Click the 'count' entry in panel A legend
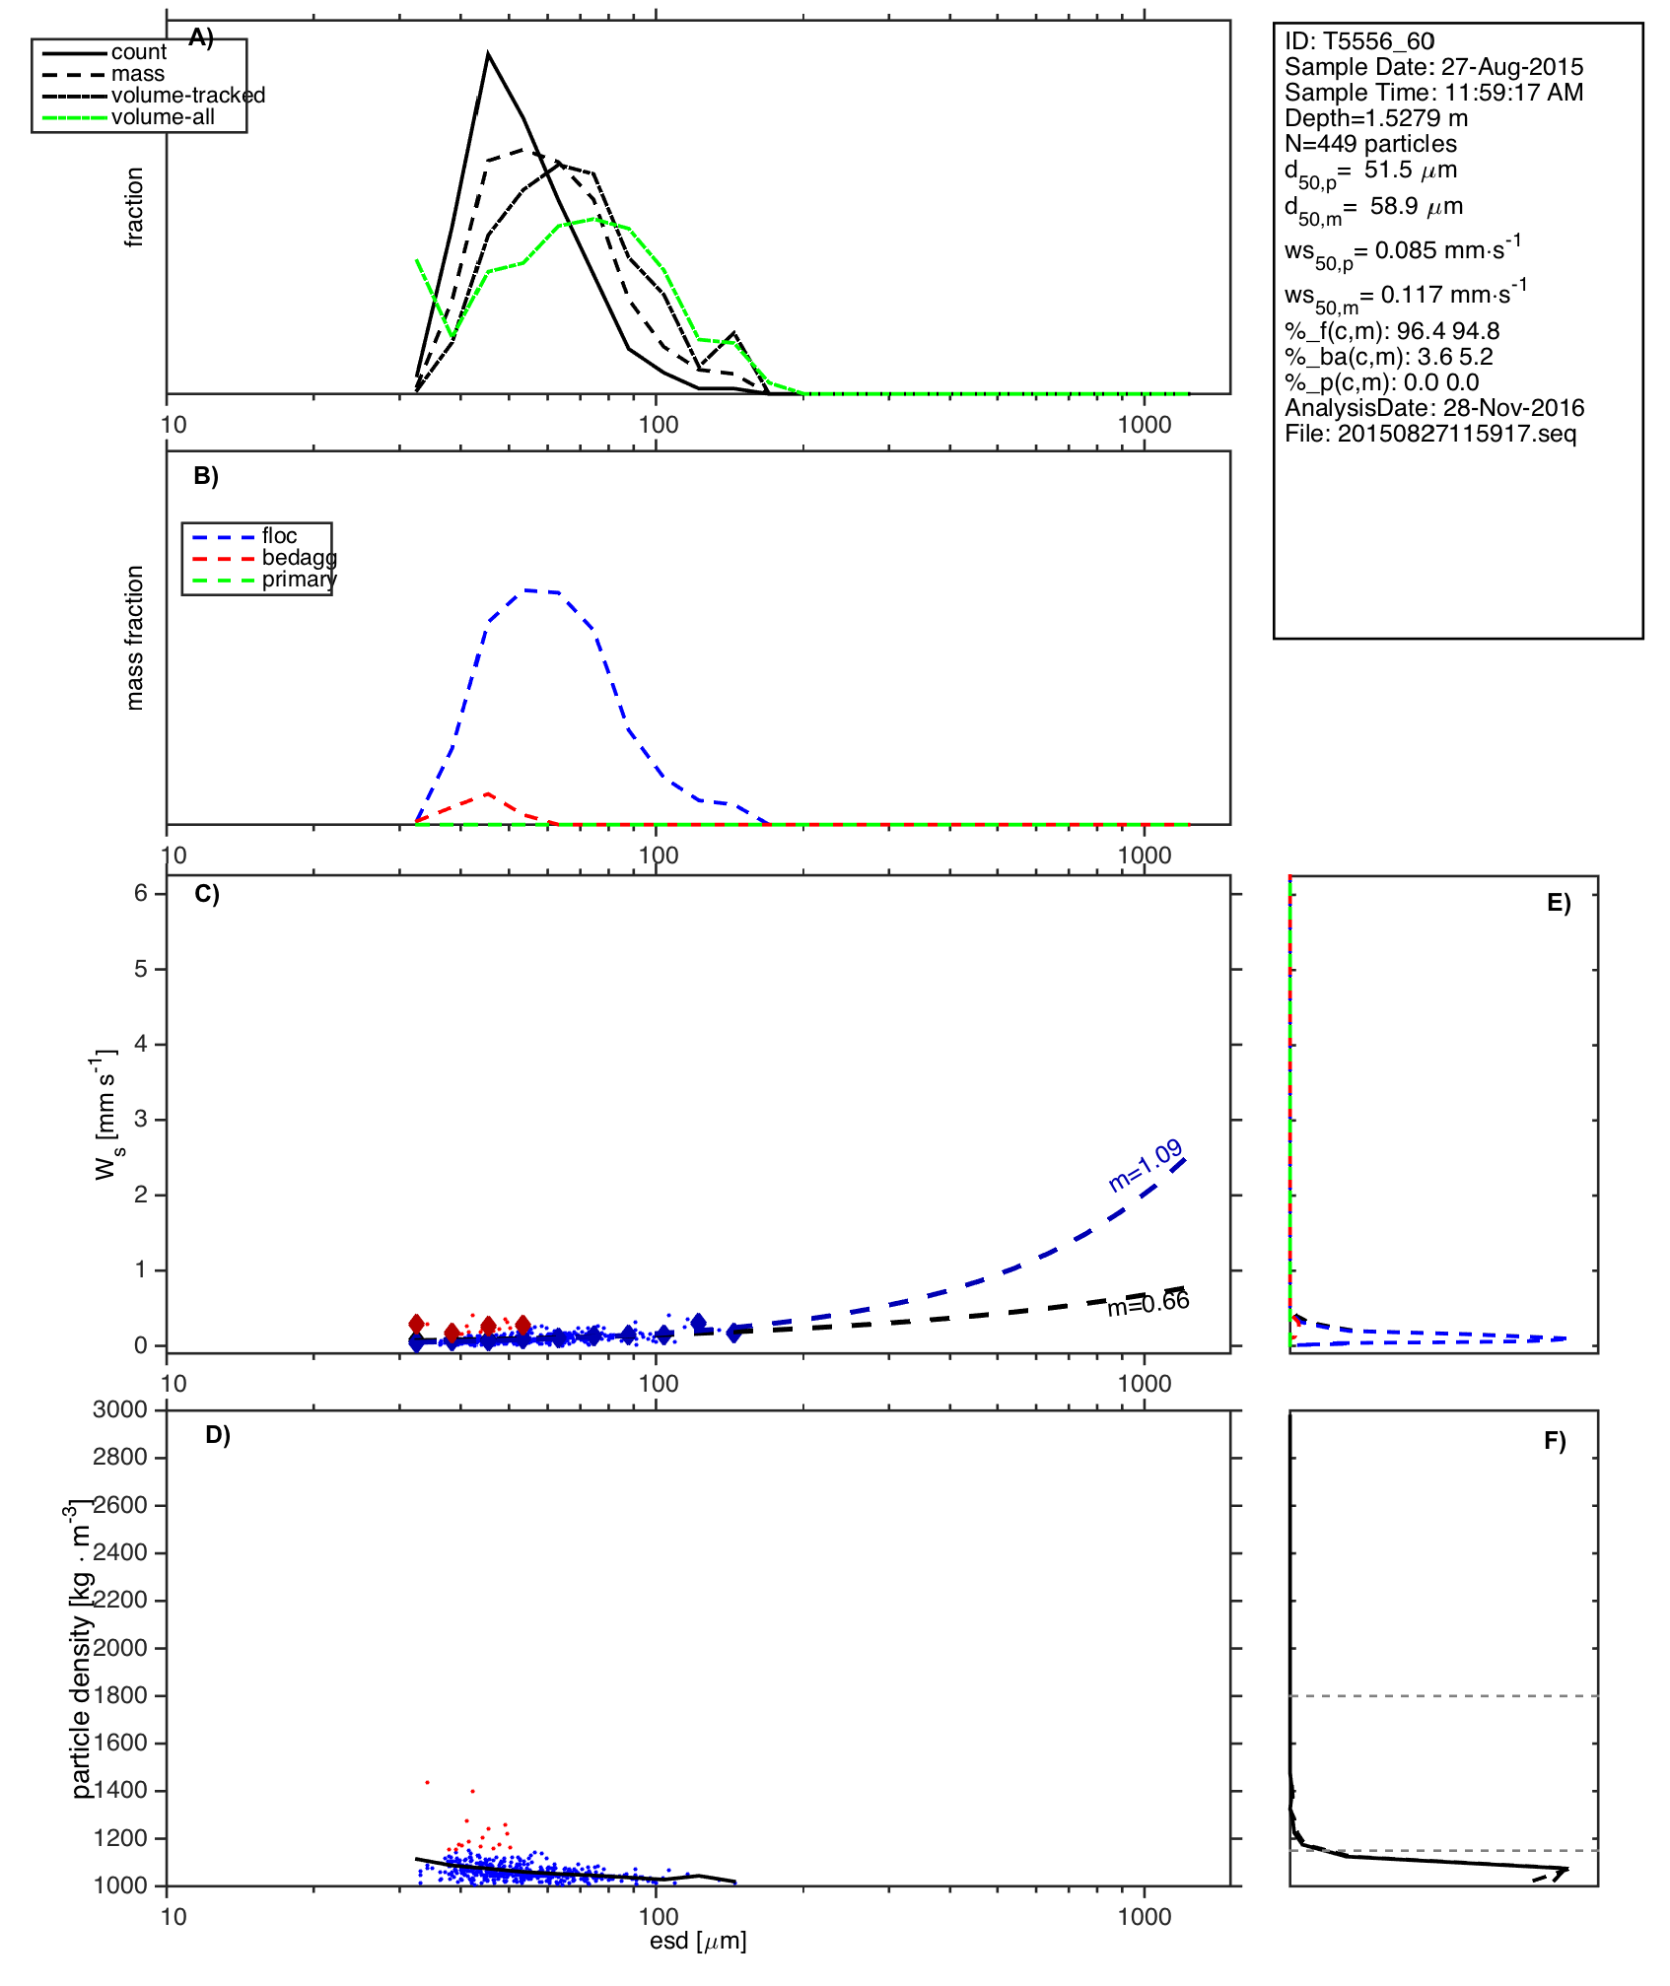tap(138, 52)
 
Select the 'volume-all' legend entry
tap(163, 117)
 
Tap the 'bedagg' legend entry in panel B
tap(299, 558)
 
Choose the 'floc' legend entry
tap(279, 536)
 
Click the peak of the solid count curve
tap(488, 54)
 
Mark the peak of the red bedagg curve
tap(488, 793)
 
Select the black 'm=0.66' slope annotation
tap(1148, 1304)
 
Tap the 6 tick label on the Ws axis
tap(141, 893)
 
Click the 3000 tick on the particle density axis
tap(120, 1410)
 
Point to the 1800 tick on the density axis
tap(120, 1695)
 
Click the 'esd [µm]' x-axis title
tap(698, 1941)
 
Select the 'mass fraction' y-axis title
tap(135, 638)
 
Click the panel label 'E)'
tap(1559, 903)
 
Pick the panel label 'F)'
tap(1555, 1441)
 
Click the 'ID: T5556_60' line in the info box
tap(1359, 41)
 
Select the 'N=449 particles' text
tap(1370, 144)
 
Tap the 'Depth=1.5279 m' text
tap(1376, 118)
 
